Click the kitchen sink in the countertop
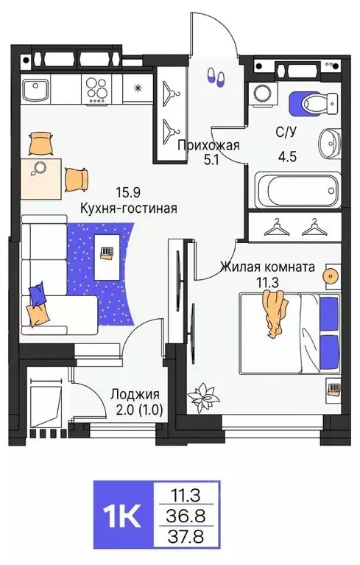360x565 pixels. click(x=35, y=91)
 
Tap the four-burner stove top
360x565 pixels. click(x=97, y=91)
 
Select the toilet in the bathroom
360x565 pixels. click(x=313, y=102)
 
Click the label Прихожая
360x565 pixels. click(x=210, y=145)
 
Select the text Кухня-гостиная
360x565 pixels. click(x=129, y=208)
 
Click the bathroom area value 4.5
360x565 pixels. click(x=286, y=157)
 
